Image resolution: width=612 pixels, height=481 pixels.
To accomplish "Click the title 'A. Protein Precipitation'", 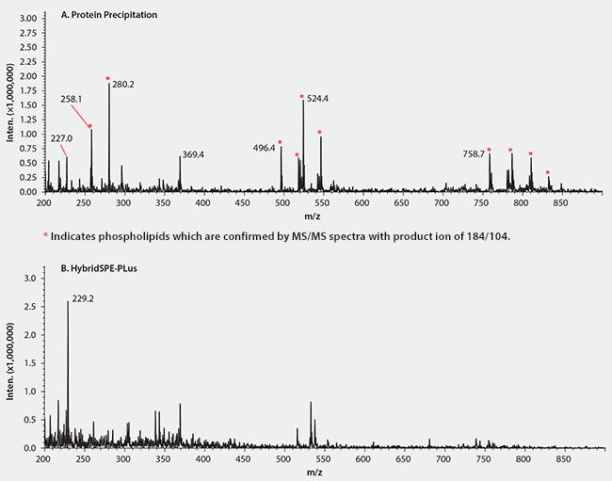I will tap(109, 16).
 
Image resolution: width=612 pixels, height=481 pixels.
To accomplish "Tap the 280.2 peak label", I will tap(123, 85).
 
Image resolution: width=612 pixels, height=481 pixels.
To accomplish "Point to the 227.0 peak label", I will tap(61, 138).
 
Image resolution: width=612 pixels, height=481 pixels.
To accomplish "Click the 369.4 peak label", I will tap(192, 154).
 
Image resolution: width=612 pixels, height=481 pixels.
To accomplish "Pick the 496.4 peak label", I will tap(264, 148).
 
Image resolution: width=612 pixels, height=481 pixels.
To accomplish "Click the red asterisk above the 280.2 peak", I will tap(108, 78).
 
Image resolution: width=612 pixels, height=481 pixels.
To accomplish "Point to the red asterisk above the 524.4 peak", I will tap(302, 96).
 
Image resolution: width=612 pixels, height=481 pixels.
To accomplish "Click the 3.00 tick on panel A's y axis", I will tap(27, 18).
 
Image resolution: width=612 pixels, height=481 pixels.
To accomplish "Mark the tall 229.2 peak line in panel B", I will tap(68, 377).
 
